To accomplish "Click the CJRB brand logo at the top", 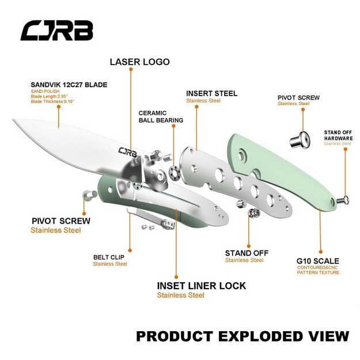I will (x=56, y=31).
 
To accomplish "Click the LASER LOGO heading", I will (x=140, y=62).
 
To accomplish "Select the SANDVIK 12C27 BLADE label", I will (x=69, y=85).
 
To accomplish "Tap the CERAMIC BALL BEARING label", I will (x=161, y=116).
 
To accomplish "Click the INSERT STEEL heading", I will (x=211, y=93).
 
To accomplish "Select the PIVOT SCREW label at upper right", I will (x=298, y=97).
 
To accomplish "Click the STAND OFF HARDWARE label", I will (x=338, y=135).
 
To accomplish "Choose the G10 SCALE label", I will (x=317, y=261).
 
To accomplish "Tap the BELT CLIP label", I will (x=109, y=257).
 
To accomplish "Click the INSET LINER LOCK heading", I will (x=201, y=286).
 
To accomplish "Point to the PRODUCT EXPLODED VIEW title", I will (x=242, y=335).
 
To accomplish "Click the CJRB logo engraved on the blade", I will (x=128, y=152).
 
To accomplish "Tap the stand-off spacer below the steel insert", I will (x=252, y=214).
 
